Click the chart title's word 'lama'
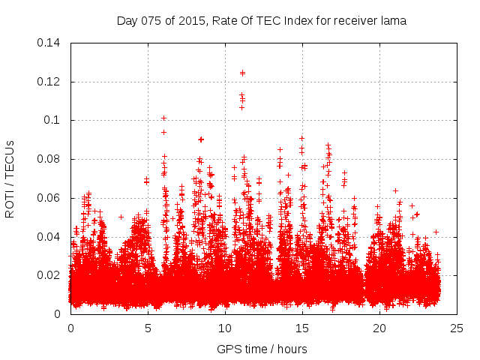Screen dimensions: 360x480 click(393, 21)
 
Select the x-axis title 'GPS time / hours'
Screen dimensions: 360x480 click(262, 349)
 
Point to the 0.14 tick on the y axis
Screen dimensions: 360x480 click(51, 43)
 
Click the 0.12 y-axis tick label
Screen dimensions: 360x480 click(51, 82)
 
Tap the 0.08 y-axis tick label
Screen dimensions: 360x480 click(51, 159)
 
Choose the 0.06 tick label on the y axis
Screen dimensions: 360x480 click(51, 198)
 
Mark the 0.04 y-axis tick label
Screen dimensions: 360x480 click(51, 237)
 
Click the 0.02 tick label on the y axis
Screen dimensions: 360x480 click(51, 275)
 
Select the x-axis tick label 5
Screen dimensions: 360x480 click(148, 328)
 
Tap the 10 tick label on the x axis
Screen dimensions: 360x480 click(225, 328)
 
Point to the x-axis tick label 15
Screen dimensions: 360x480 click(302, 328)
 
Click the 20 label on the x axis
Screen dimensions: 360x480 click(379, 328)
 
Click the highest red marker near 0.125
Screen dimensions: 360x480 click(242, 73)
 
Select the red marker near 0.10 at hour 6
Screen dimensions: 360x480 click(163, 118)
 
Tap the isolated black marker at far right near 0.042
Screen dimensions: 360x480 click(436, 232)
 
